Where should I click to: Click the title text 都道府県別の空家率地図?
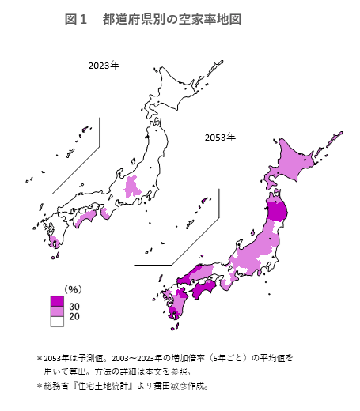(x=172, y=18)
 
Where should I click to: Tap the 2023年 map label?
(x=104, y=65)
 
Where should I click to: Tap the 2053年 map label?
(x=220, y=138)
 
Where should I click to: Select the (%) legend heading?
(x=74, y=288)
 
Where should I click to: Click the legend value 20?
(x=74, y=316)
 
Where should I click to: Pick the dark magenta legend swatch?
(x=57, y=301)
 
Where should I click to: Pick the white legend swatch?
(x=57, y=322)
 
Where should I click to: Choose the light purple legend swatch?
(x=57, y=311)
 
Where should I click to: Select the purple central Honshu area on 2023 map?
(x=132, y=187)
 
